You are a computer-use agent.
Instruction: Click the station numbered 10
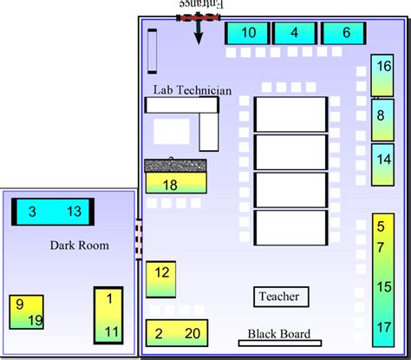tap(248, 34)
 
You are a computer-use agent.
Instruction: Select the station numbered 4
tap(295, 34)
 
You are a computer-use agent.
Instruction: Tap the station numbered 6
tap(345, 34)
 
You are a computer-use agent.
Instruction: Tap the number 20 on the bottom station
tap(192, 333)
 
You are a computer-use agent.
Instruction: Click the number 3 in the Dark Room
tap(32, 212)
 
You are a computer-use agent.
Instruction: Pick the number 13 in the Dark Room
tap(74, 212)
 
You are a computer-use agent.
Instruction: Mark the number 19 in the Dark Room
tap(36, 320)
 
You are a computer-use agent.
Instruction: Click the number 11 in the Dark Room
tap(110, 331)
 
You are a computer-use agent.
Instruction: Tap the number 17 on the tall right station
tap(384, 327)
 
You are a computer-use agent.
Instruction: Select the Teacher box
tap(279, 297)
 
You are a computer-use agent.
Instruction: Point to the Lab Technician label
tap(192, 89)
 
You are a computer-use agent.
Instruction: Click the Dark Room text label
tap(80, 245)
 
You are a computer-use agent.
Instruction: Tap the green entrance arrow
tap(199, 31)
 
